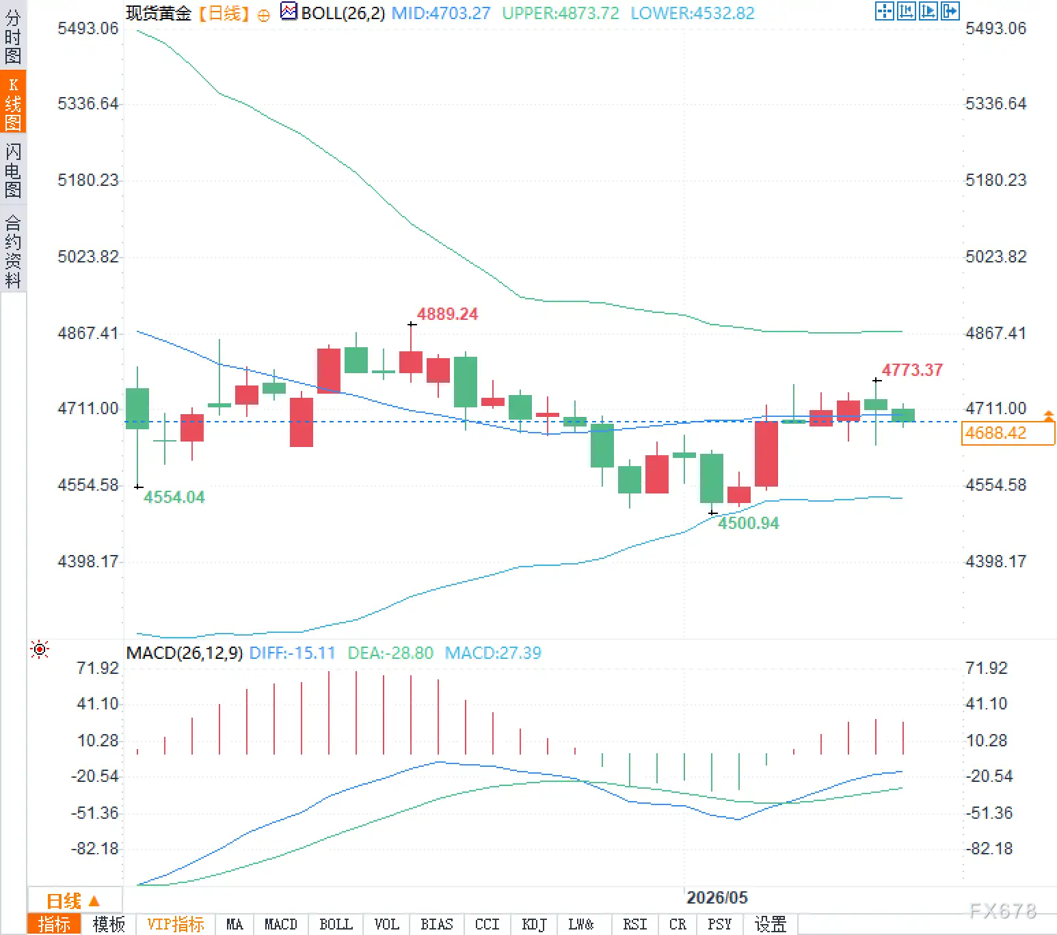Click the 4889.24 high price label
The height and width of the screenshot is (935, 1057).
coord(447,314)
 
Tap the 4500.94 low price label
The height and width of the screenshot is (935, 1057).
coord(748,523)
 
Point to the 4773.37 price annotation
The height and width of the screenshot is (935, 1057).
coord(912,370)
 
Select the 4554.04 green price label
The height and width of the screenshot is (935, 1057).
coord(174,497)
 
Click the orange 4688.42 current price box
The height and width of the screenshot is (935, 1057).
coord(1008,433)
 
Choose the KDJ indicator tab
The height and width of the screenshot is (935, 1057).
coord(534,925)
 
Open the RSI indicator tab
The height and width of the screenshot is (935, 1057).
coord(634,925)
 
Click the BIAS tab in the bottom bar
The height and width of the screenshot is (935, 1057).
coord(437,925)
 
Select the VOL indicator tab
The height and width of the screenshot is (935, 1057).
coord(386,925)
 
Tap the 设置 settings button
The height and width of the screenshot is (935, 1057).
coord(770,925)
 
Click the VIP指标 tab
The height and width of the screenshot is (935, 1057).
coord(175,925)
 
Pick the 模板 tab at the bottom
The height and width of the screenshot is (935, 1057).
coord(109,925)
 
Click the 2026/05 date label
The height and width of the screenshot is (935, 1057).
coord(717,897)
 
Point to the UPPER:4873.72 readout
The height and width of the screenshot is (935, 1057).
coord(561,13)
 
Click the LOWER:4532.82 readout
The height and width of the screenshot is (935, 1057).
coord(693,13)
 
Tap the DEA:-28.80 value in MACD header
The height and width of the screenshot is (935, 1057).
coord(390,653)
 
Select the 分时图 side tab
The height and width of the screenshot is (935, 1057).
coord(13,36)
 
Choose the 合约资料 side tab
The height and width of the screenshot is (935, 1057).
coord(13,252)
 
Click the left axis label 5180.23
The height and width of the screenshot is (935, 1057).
coord(88,180)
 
